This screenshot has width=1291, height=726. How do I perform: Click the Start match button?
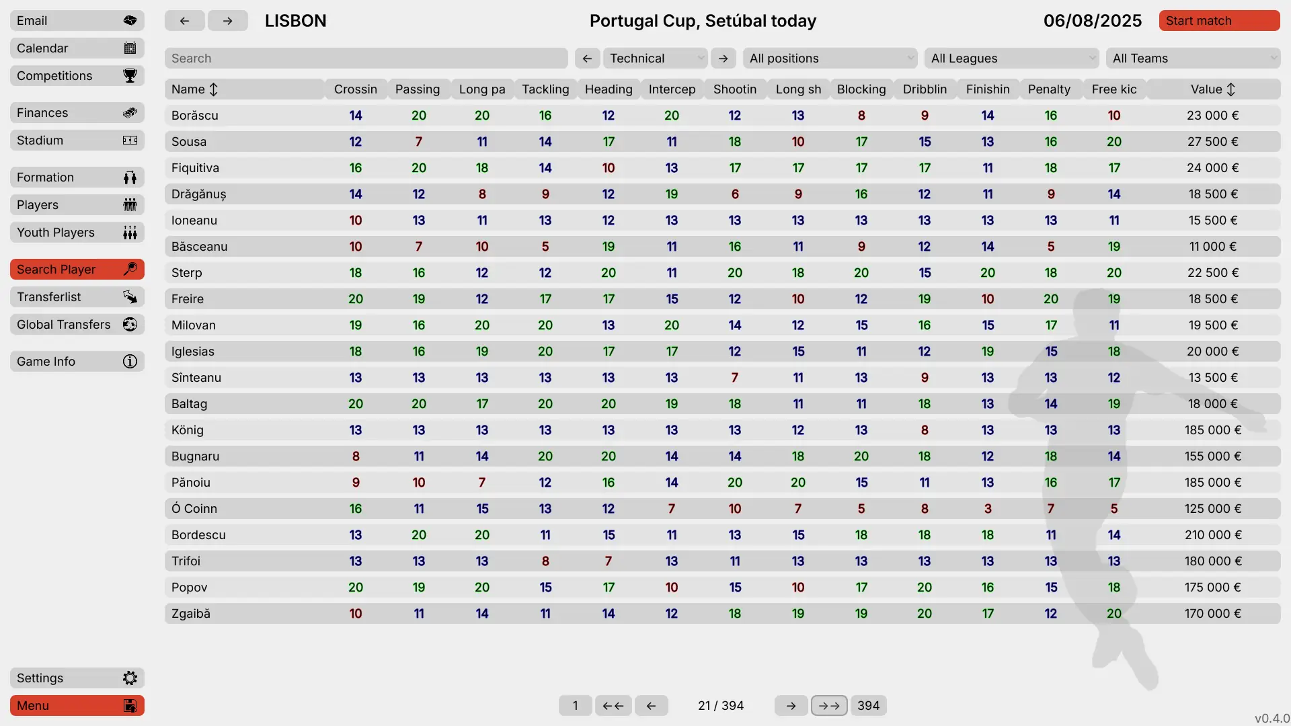(x=1218, y=21)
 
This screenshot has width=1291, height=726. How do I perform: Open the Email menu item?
(x=77, y=21)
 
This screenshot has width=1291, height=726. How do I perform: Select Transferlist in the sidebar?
(x=77, y=297)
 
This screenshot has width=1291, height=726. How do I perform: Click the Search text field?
(x=366, y=58)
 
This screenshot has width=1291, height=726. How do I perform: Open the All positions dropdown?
(x=830, y=58)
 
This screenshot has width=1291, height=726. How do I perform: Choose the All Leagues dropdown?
(x=1011, y=58)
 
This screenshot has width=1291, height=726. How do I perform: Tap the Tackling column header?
(x=545, y=89)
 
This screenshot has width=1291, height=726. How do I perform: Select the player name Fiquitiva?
(x=195, y=168)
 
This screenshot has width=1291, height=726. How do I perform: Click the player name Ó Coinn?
(x=194, y=509)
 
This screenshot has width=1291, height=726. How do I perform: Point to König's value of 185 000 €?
(x=1212, y=430)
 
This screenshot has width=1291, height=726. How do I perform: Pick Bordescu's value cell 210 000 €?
(x=1212, y=535)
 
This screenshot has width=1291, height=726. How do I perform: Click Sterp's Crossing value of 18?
(x=356, y=273)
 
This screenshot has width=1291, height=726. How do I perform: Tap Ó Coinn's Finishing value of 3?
(x=987, y=509)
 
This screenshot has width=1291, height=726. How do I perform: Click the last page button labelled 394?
(x=868, y=706)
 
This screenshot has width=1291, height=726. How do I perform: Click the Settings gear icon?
(x=130, y=678)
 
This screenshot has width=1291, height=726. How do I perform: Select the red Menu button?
(x=77, y=706)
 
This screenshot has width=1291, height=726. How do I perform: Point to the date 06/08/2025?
(x=1092, y=21)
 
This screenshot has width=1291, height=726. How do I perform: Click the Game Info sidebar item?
(x=77, y=362)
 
